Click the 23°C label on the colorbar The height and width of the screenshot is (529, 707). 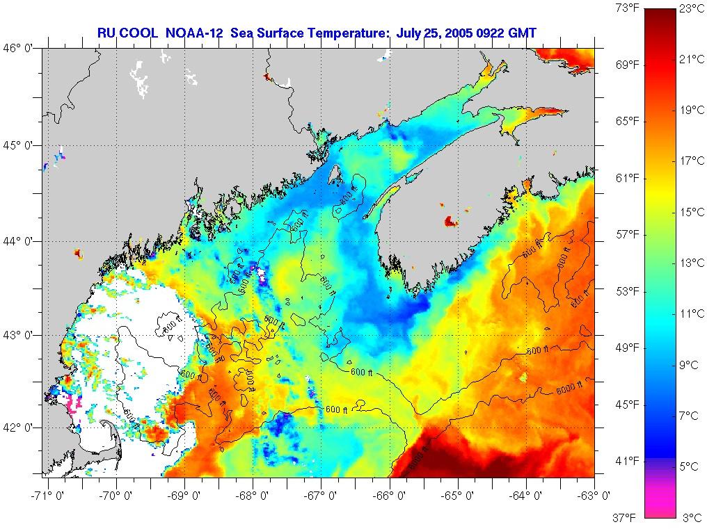691,9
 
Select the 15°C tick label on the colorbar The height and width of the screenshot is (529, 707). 691,212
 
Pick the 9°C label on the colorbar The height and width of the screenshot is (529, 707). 691,365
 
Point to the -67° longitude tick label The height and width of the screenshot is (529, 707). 321,496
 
